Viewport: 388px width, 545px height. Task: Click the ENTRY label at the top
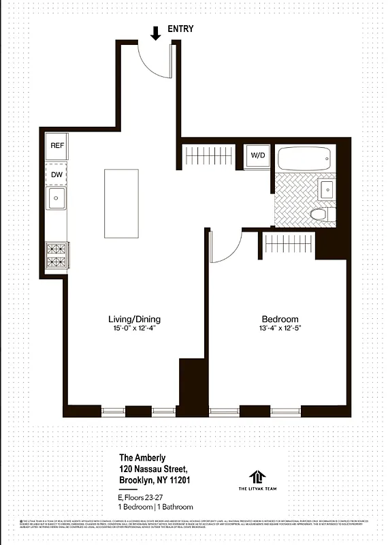[x=180, y=29]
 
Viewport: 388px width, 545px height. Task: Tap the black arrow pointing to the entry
[x=156, y=33]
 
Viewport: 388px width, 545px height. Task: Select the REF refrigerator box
[x=57, y=146]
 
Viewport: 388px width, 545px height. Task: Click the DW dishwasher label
[x=57, y=174]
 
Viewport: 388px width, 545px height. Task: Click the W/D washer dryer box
[x=259, y=155]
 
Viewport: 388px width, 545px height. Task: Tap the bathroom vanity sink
[x=327, y=189]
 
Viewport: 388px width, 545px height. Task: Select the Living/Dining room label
[x=134, y=319]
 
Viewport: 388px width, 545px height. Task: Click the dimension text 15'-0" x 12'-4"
[x=134, y=329]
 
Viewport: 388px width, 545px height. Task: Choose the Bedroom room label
[x=280, y=319]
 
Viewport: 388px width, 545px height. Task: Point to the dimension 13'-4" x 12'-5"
[x=280, y=329]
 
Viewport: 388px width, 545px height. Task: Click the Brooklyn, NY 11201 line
[x=154, y=480]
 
